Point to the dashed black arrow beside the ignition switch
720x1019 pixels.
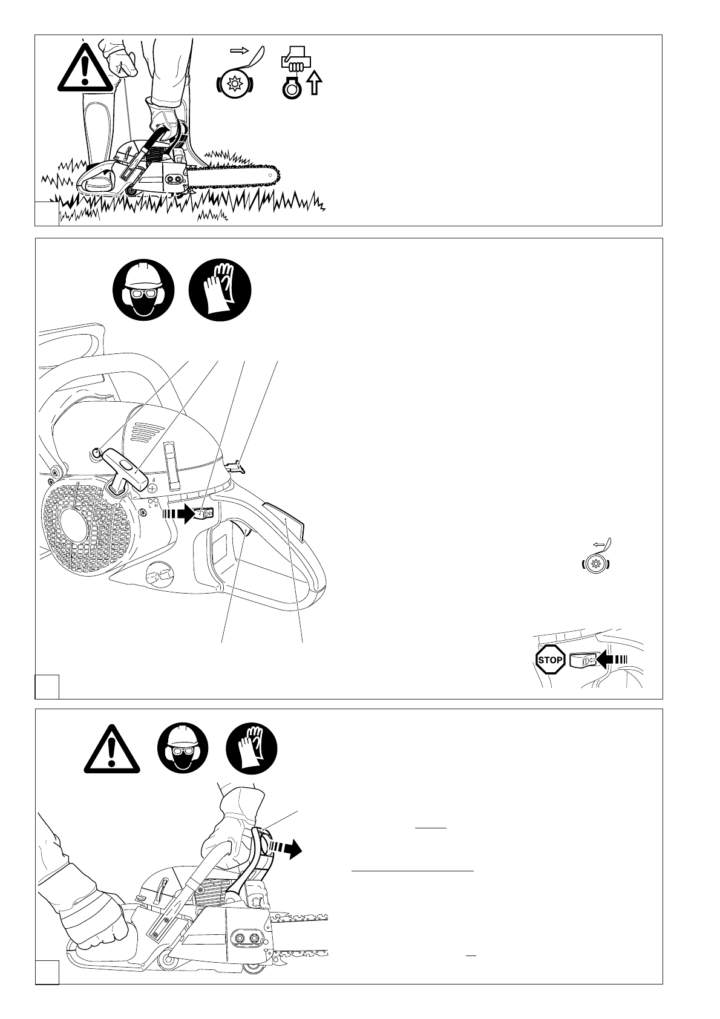click(x=179, y=514)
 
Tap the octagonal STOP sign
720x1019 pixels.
click(x=551, y=660)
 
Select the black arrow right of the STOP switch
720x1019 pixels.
click(x=611, y=660)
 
